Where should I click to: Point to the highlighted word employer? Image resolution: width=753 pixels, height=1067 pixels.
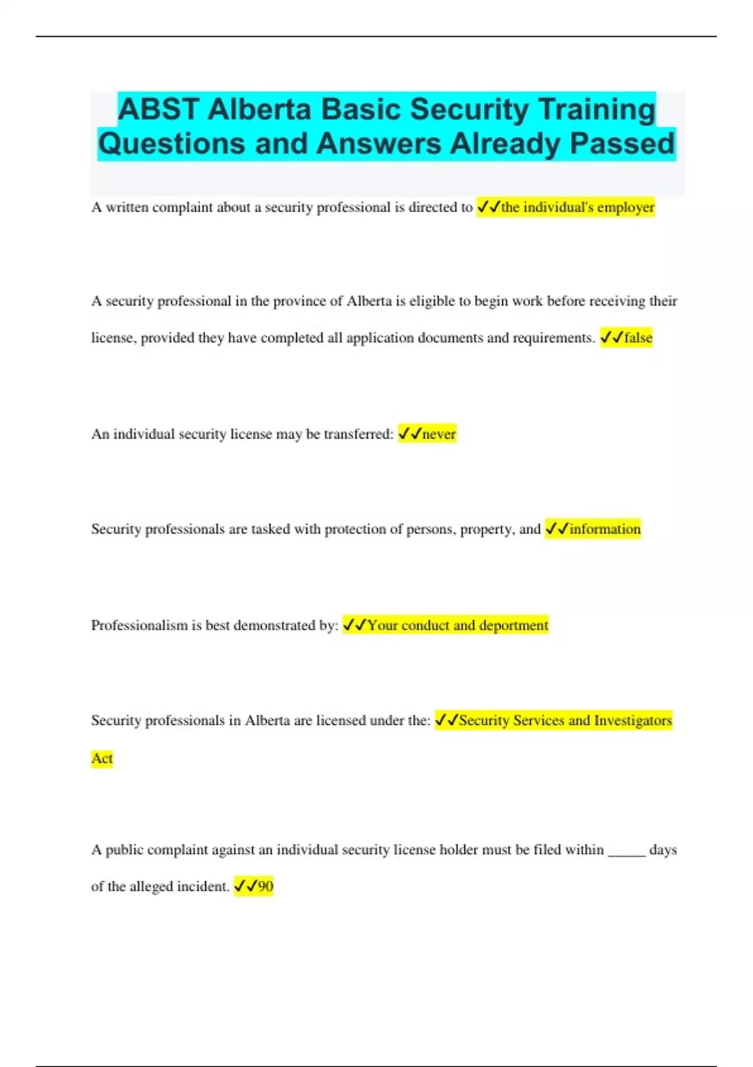(x=626, y=207)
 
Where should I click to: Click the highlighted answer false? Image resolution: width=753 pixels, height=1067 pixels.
(x=638, y=338)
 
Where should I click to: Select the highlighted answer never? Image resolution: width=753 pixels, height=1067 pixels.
(x=439, y=434)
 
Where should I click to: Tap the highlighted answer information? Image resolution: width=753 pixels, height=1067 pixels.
(x=605, y=529)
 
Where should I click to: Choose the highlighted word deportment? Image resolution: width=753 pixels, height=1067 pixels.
(x=513, y=625)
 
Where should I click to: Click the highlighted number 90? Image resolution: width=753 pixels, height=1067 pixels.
(x=265, y=886)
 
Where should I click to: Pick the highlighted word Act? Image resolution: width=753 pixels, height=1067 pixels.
(x=102, y=758)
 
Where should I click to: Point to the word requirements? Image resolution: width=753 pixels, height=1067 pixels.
(x=553, y=338)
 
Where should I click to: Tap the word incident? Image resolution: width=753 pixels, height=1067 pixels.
(x=203, y=886)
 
